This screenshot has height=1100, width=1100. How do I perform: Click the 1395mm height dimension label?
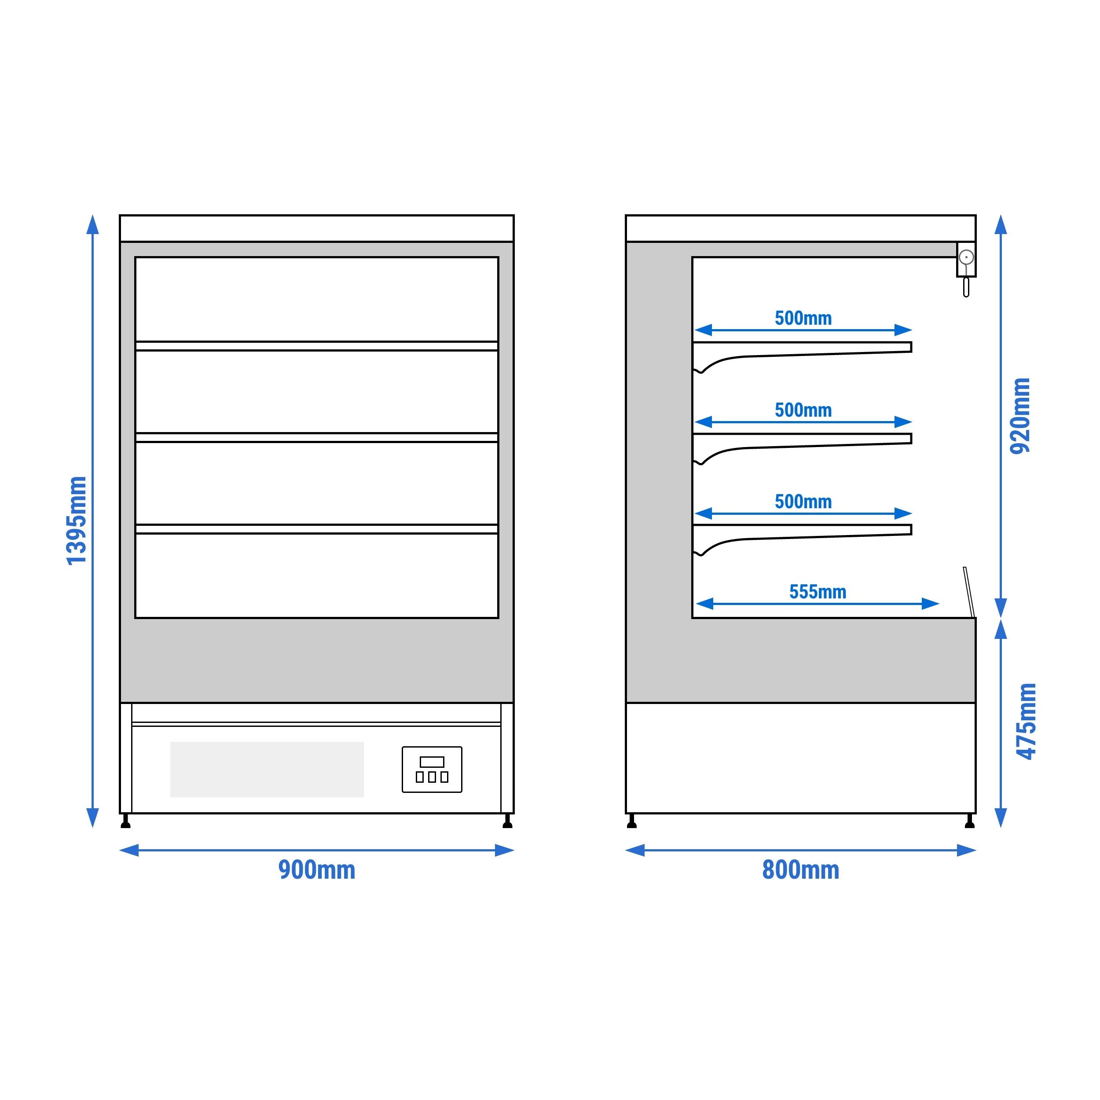pyautogui.click(x=77, y=521)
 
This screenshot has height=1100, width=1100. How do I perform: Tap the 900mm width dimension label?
pyautogui.click(x=316, y=870)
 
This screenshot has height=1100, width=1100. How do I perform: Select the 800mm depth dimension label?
pyautogui.click(x=800, y=870)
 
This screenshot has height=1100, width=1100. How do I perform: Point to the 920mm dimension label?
pyautogui.click(x=1020, y=416)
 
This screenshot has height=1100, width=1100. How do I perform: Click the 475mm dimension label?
pyautogui.click(x=1027, y=721)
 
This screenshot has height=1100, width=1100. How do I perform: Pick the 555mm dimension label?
pyautogui.click(x=818, y=592)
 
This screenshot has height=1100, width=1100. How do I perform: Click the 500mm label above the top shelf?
pyautogui.click(x=803, y=318)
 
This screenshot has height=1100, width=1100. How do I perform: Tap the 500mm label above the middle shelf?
pyautogui.click(x=803, y=410)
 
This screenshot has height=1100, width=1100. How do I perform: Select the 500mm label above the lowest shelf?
pyautogui.click(x=803, y=502)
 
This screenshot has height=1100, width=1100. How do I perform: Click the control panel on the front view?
pyautogui.click(x=432, y=769)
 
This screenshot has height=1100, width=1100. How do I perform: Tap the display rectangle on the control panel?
pyautogui.click(x=432, y=762)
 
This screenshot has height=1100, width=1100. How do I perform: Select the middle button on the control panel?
pyautogui.click(x=432, y=777)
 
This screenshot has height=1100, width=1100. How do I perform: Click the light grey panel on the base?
pyautogui.click(x=267, y=769)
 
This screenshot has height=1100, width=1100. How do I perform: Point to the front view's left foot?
pyautogui.click(x=126, y=821)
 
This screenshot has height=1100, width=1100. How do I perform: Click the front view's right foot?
pyautogui.click(x=507, y=821)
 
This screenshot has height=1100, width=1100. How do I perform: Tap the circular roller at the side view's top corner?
pyautogui.click(x=966, y=258)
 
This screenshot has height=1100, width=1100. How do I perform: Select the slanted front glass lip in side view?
pyautogui.click(x=969, y=592)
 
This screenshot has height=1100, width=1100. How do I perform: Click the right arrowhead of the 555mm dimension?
pyautogui.click(x=930, y=604)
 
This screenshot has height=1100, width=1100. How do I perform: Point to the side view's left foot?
pyautogui.click(x=631, y=821)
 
